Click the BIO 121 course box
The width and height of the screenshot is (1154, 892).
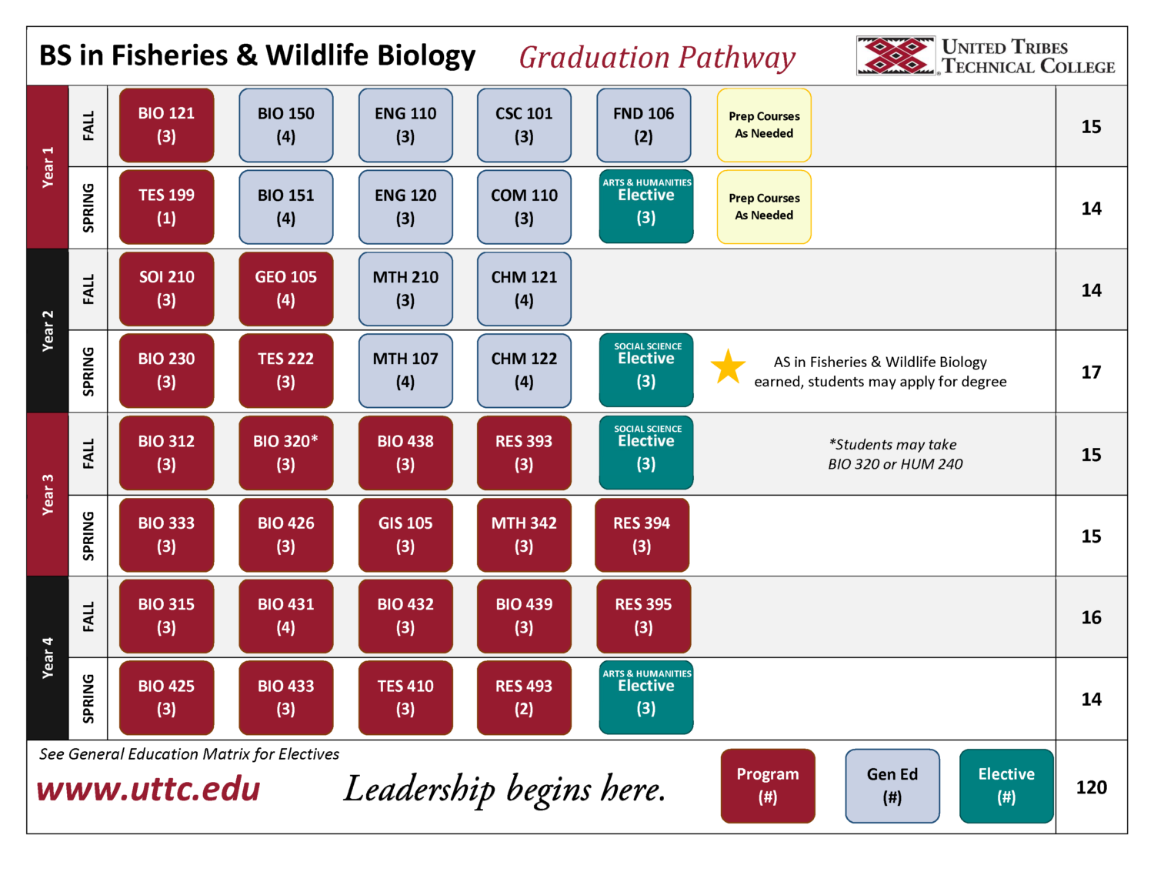(x=166, y=125)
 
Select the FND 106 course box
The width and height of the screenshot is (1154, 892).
(x=643, y=125)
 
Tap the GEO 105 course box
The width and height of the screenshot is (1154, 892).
(x=285, y=289)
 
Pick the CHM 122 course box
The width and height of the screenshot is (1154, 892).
(x=524, y=370)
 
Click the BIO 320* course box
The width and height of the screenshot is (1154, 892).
(x=285, y=453)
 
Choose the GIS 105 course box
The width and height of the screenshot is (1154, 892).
(x=405, y=534)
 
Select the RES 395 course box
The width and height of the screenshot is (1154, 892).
(x=643, y=616)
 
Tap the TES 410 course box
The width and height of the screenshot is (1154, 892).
(x=405, y=697)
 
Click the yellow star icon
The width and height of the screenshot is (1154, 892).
(x=727, y=367)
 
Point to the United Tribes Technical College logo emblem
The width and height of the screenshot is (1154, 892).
(x=896, y=56)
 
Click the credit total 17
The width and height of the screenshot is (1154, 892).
(x=1091, y=373)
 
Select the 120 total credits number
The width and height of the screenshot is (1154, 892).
(x=1091, y=787)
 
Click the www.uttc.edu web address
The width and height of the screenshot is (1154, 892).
(x=148, y=790)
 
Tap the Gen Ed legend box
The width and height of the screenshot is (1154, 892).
(x=892, y=786)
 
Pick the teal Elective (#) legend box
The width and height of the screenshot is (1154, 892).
(x=1006, y=786)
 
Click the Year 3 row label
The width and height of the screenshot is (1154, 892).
(x=48, y=494)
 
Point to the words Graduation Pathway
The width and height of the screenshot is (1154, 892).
(x=657, y=58)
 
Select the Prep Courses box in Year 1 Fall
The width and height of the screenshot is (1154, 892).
(x=764, y=125)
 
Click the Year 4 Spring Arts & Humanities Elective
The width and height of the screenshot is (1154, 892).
(x=646, y=697)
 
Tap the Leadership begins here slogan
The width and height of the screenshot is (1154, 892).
(x=505, y=790)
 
